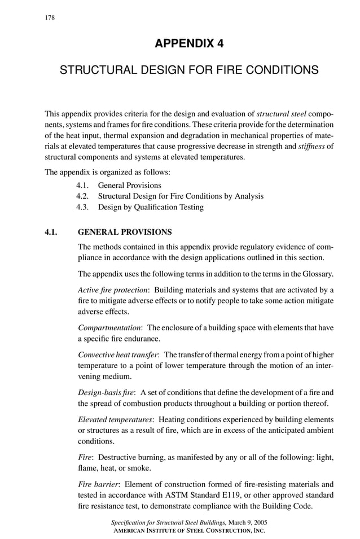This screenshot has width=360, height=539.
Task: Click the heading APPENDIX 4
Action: pos(189,44)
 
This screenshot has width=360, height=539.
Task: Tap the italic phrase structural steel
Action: pos(282,113)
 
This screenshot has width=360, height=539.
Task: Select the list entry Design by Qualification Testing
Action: pos(151,207)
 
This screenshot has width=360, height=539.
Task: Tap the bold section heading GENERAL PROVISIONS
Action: pos(125,231)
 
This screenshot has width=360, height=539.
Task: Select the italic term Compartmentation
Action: pos(109,327)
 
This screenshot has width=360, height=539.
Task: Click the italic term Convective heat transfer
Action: pos(118,354)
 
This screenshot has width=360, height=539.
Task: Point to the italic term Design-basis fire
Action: pos(105,392)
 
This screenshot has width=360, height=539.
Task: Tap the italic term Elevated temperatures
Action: pos(115,419)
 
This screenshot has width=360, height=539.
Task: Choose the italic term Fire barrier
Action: pos(97,484)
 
